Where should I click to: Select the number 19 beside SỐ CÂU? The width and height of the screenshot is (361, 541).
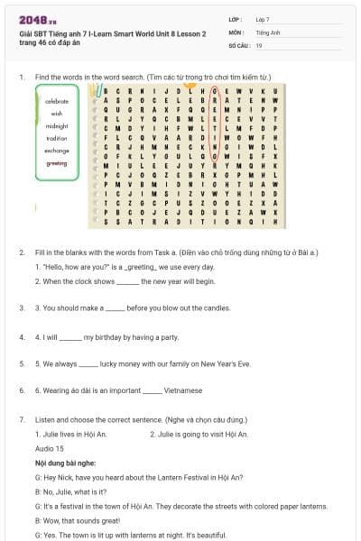(259, 44)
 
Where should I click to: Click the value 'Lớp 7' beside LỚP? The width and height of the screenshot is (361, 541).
(263, 19)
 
